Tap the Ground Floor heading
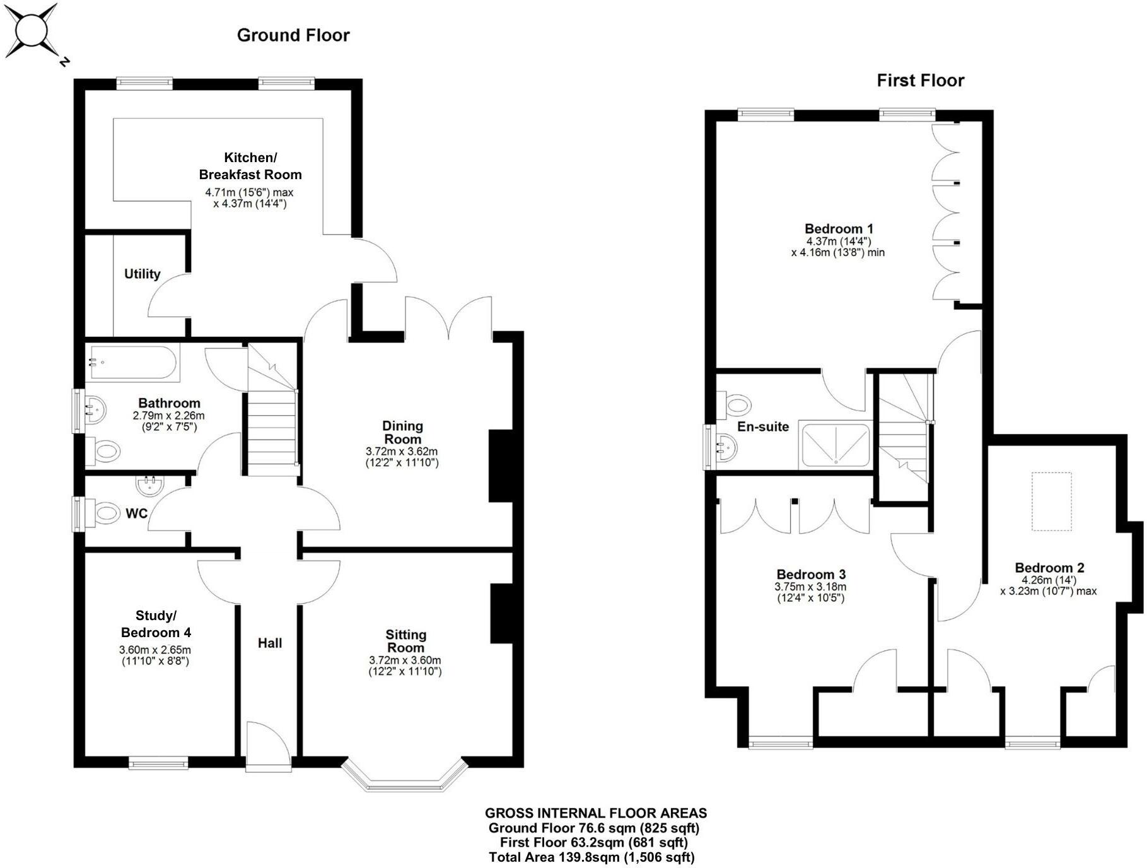tap(293, 35)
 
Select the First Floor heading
tap(920, 81)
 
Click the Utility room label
tap(142, 274)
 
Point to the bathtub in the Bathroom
tap(132, 363)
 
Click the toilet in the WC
tap(104, 512)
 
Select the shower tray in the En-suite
tap(836, 445)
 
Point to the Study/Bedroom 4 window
tap(158, 763)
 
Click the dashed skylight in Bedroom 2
tap(1051, 502)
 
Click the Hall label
tap(269, 643)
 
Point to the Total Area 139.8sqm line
tap(591, 857)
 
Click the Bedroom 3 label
tap(810, 574)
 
